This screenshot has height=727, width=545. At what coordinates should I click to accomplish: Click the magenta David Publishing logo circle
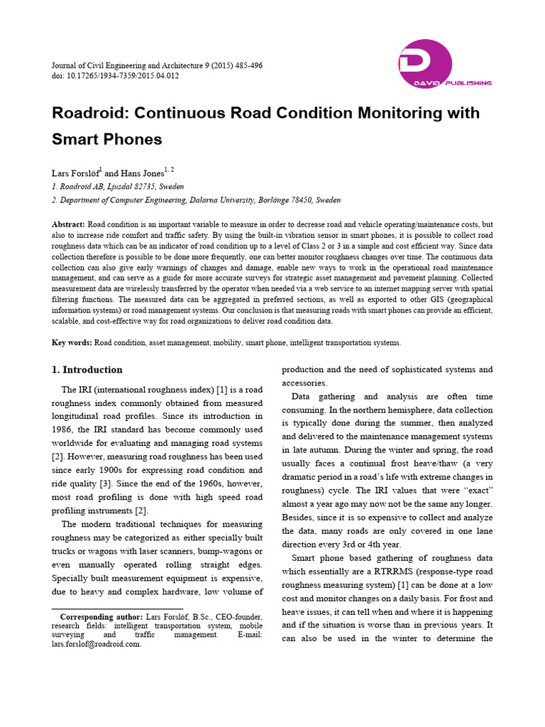(425, 64)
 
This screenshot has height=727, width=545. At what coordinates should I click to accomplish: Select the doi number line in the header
(115, 75)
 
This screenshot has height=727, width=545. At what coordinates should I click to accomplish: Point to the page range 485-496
(243, 65)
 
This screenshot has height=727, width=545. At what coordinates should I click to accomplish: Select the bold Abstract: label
(68, 224)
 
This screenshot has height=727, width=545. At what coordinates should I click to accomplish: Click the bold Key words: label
(72, 342)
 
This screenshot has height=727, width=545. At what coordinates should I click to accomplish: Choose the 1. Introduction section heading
(87, 370)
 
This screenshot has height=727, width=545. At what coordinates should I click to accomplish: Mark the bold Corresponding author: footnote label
(101, 617)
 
